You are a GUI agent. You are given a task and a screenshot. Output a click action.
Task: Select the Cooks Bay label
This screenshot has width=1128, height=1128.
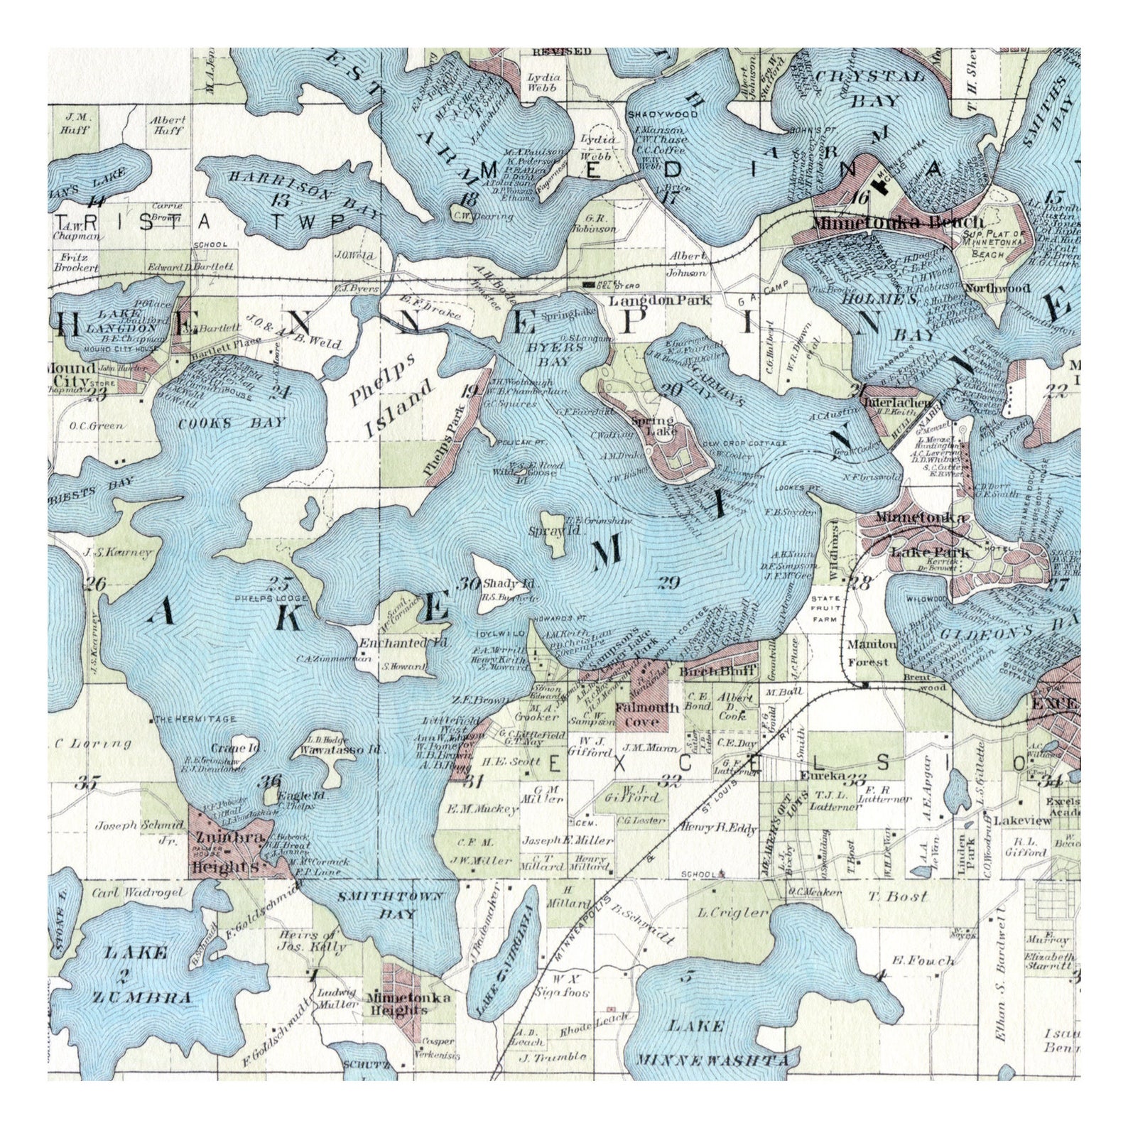click(x=231, y=423)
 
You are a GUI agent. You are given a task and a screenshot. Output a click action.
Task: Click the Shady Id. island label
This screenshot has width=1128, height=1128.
click(x=508, y=584)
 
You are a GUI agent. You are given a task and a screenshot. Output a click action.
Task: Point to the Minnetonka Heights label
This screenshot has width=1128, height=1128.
click(x=409, y=1004)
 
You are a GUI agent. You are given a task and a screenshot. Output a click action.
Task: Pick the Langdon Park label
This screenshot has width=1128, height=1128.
click(x=660, y=300)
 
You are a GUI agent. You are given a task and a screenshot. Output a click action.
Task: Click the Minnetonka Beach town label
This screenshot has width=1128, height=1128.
click(x=898, y=222)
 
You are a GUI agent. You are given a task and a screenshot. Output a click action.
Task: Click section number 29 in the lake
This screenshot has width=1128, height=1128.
click(x=668, y=583)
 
